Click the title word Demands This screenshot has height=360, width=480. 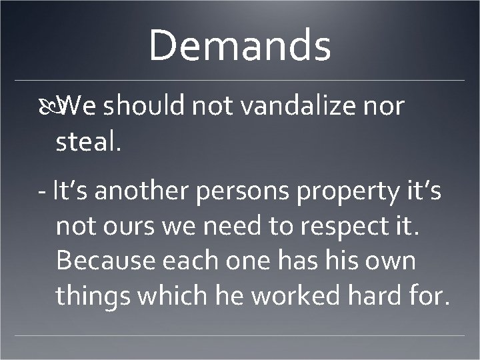[240, 47]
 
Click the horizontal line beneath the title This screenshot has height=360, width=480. [240, 81]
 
